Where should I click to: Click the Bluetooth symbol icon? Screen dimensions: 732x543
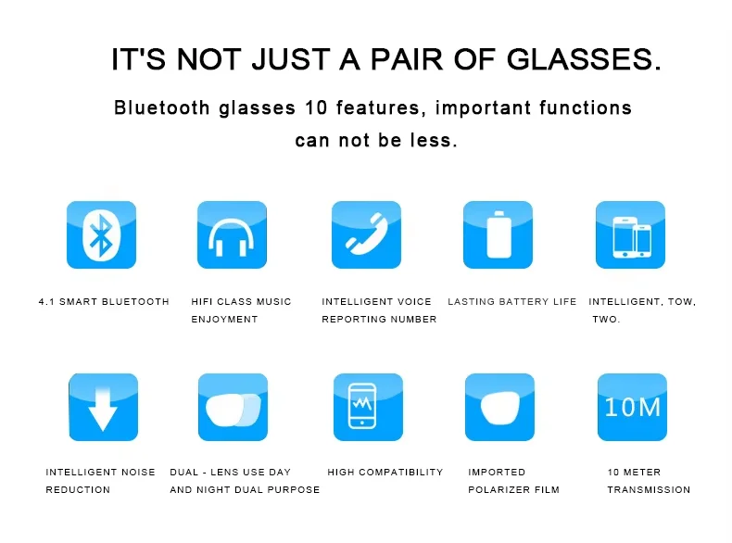tap(101, 234)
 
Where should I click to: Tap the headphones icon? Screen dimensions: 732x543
tap(232, 234)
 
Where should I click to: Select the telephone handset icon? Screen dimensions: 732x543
tap(367, 234)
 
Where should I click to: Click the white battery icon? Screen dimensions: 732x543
tap(499, 234)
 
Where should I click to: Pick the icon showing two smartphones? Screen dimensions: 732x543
tap(630, 234)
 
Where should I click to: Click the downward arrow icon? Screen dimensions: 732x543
tap(103, 407)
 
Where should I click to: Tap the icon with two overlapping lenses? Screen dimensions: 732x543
tap(233, 407)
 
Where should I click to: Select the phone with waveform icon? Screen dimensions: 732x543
tap(369, 407)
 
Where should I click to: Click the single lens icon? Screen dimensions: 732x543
tap(500, 407)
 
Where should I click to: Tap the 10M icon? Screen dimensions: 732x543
tap(632, 407)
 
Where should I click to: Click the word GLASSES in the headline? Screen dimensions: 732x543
tap(584, 59)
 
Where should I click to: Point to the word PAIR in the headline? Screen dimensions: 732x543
tap(407, 59)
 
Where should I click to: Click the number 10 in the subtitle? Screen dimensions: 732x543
tap(316, 107)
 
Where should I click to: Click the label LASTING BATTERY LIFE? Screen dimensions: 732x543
tap(512, 301)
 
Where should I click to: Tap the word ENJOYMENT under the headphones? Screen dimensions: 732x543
tap(224, 320)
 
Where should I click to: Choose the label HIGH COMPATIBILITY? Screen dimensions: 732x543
tap(385, 472)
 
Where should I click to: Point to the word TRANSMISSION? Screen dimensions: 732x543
tap(649, 490)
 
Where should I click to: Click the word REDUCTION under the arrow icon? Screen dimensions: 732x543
tap(78, 490)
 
